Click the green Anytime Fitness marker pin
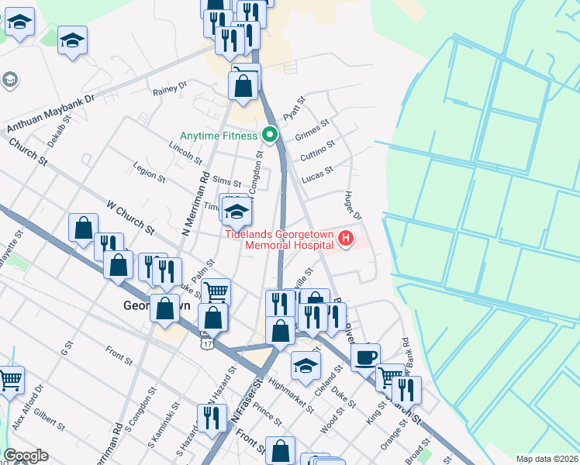(270, 135)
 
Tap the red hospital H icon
(347, 240)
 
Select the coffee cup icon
(365, 357)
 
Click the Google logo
(26, 456)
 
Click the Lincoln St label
(185, 153)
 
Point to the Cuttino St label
(317, 147)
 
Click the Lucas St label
(317, 173)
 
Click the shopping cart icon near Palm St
(216, 292)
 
